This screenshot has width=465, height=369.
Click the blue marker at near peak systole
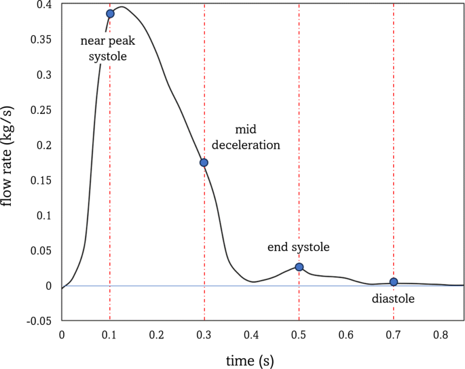tap(110, 14)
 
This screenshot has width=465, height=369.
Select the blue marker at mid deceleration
tap(204, 162)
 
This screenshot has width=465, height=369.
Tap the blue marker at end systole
tap(299, 267)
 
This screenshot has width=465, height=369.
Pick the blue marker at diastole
tap(394, 281)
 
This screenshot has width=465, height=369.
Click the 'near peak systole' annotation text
tap(108, 49)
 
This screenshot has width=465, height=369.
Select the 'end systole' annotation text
tap(298, 248)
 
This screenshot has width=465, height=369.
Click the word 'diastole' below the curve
tap(393, 298)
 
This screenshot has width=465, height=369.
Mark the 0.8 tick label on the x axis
tap(441, 334)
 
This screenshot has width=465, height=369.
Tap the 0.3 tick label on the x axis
tap(204, 334)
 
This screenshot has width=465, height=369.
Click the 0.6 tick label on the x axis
tap(346, 334)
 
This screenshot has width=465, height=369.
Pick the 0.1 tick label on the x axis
tap(109, 334)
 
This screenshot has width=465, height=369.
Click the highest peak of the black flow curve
tap(122, 7)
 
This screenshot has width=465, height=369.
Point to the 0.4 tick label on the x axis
tap(251, 334)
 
